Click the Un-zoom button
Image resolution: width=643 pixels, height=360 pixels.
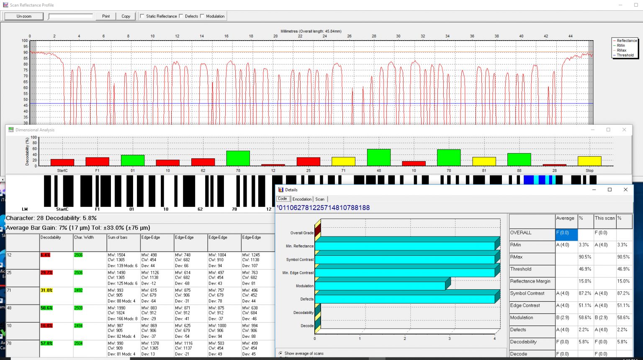coord(24,16)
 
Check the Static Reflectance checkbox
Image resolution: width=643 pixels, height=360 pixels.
coord(142,16)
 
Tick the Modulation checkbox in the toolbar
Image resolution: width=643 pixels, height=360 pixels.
coord(202,16)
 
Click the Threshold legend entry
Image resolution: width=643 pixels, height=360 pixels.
coord(625,55)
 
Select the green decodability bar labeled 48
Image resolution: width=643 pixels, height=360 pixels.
coord(378,157)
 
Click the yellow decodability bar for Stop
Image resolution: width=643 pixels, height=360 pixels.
coord(589,161)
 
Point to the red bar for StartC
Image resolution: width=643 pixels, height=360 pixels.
coord(62,162)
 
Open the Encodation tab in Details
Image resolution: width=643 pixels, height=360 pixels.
coord(302,199)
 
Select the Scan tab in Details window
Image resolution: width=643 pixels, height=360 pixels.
coord(320,199)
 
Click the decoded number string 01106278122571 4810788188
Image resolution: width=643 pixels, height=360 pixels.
coord(323,208)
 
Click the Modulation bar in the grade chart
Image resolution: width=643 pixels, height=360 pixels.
coord(380,285)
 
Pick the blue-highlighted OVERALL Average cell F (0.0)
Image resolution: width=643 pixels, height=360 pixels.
coord(566,233)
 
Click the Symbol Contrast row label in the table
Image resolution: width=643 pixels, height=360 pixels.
coord(527,293)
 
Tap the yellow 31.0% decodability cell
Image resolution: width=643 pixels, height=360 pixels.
coord(46,291)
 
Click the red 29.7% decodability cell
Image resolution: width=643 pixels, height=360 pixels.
coord(46,273)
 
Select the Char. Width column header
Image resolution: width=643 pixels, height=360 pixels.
coord(84,237)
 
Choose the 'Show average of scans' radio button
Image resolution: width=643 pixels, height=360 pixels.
coord(280,353)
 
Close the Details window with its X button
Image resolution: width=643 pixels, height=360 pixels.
coord(625,190)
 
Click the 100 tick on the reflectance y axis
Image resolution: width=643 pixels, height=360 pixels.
coord(25,41)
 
